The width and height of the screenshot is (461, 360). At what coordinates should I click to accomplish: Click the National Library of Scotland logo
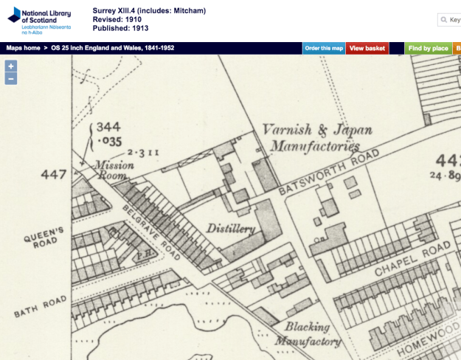[x=38, y=19]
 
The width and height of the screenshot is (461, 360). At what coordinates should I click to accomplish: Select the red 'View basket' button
[x=367, y=48]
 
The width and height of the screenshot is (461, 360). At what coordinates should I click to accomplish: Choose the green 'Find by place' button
[x=428, y=48]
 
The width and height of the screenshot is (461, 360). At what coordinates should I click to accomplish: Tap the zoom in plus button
[x=11, y=66]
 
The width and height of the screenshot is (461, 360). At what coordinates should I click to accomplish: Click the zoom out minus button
[x=11, y=78]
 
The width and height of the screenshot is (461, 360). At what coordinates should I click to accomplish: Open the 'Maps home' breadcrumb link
[x=23, y=48]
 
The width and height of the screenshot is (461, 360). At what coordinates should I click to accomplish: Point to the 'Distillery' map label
[x=231, y=228]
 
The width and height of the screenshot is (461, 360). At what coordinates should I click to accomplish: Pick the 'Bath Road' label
[x=44, y=307]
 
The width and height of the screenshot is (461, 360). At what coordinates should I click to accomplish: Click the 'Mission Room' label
[x=114, y=170]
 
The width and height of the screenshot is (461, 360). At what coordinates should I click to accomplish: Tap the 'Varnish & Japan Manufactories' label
[x=316, y=139]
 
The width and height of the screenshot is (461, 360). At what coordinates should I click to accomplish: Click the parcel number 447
[x=54, y=175]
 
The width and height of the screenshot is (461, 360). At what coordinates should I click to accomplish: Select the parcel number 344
[x=108, y=127]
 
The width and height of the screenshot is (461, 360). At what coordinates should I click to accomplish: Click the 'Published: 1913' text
[x=120, y=28]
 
